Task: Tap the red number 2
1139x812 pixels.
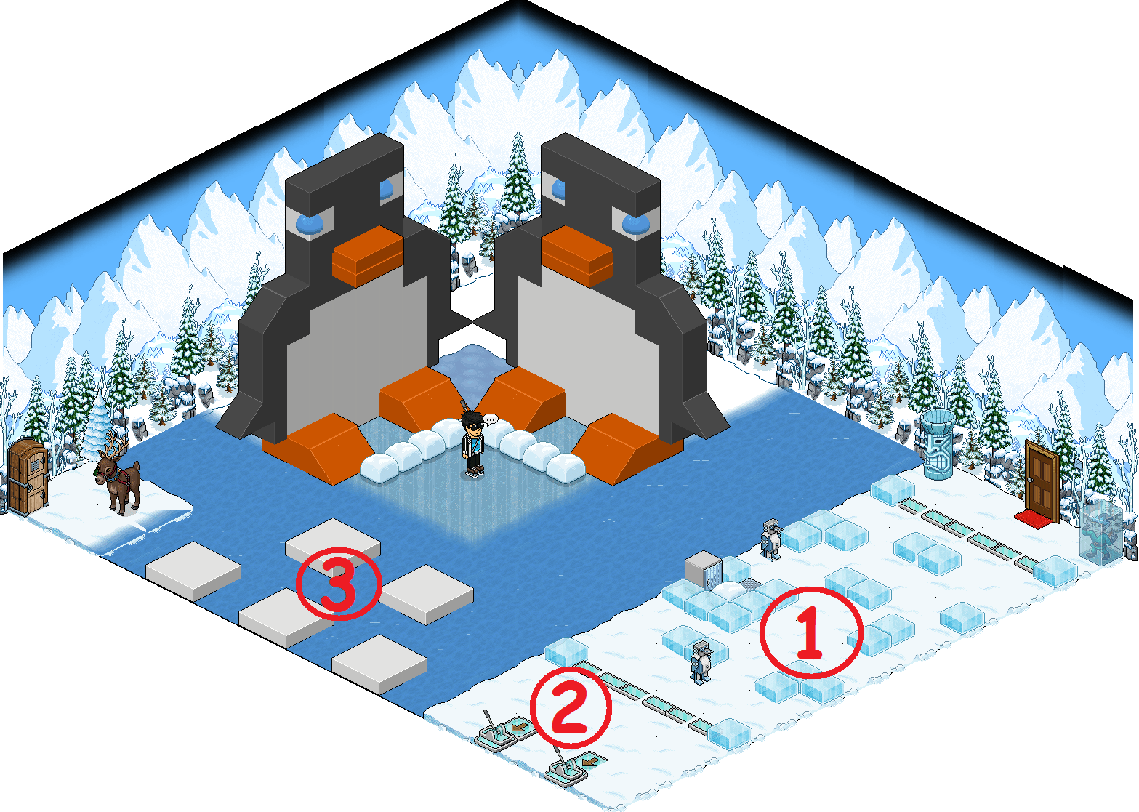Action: coord(570,707)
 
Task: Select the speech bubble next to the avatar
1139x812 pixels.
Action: coord(490,420)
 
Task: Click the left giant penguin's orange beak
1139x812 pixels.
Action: coord(368,256)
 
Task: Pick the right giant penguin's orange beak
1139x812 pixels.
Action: coord(577,256)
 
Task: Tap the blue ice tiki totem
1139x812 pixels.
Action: coord(938,444)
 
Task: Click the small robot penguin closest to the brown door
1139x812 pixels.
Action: coord(771,539)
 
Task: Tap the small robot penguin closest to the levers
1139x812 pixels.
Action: coord(701,662)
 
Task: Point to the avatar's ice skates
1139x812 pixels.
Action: coord(474,472)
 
